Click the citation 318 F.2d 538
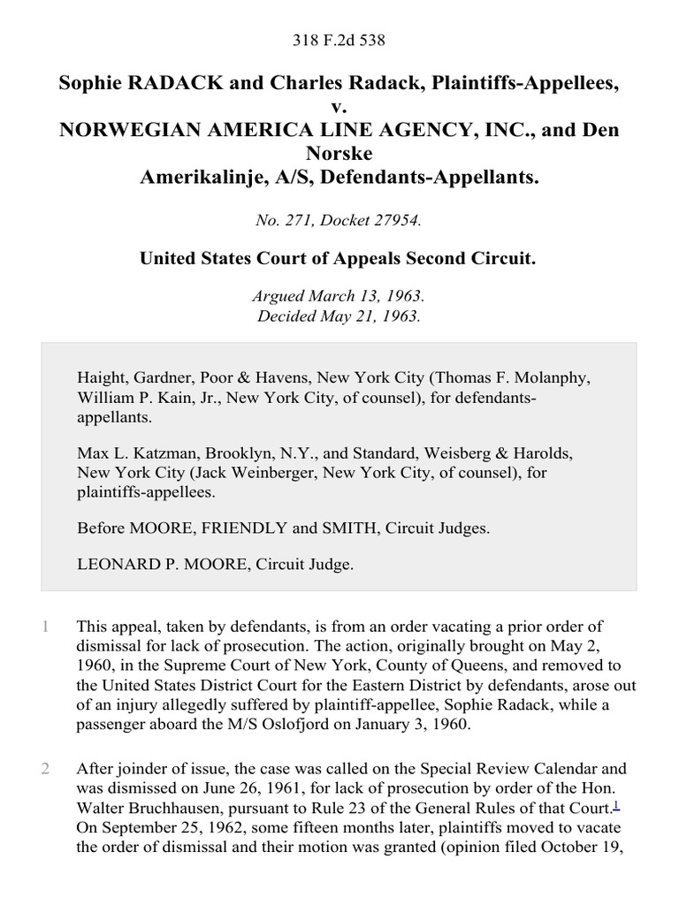pos(339,40)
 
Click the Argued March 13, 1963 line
pos(339,299)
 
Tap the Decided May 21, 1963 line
pos(339,316)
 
